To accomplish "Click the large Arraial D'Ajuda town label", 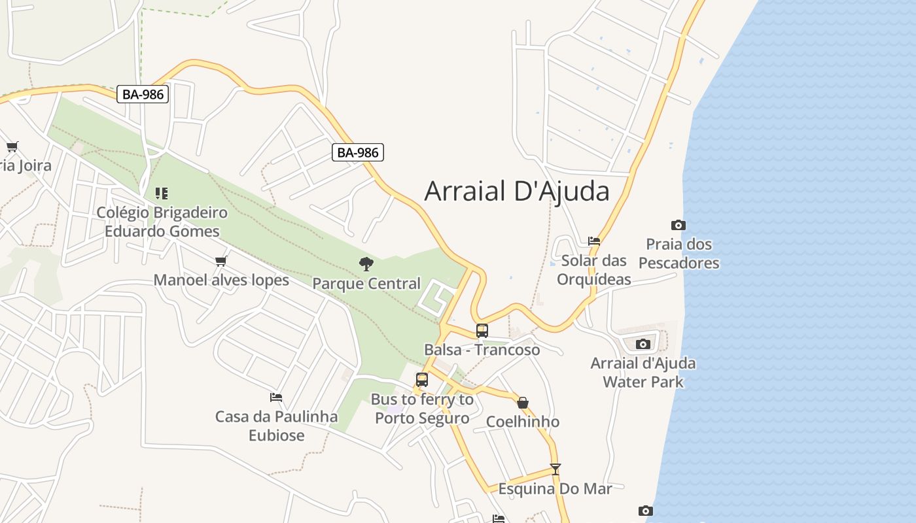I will pos(517,191).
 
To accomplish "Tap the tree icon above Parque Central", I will pos(366,264).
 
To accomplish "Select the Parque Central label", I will pos(366,284).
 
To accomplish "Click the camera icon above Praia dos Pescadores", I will pos(678,226).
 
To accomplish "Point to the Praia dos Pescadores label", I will pos(679,254).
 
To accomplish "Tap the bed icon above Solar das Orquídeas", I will pos(594,241).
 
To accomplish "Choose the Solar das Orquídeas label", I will pos(594,270).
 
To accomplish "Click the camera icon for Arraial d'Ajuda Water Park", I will pos(643,344).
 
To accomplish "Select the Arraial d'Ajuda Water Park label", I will pos(643,373).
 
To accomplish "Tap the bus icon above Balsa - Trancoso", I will pos(482,331).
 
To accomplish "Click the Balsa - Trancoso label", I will pos(482,350).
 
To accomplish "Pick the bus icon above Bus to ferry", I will pos(422,380).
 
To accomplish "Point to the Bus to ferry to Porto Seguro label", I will pos(422,409).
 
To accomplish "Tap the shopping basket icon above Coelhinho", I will pos(523,403).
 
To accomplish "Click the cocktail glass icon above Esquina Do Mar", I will pos(555,469).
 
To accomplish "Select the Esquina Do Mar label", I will pos(555,489).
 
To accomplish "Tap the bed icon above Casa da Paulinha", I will pos(276,397).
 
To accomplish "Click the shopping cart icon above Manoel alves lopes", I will pos(221,261).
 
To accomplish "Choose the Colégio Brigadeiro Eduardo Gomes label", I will pos(162,222).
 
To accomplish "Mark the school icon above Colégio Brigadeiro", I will pos(162,194).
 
